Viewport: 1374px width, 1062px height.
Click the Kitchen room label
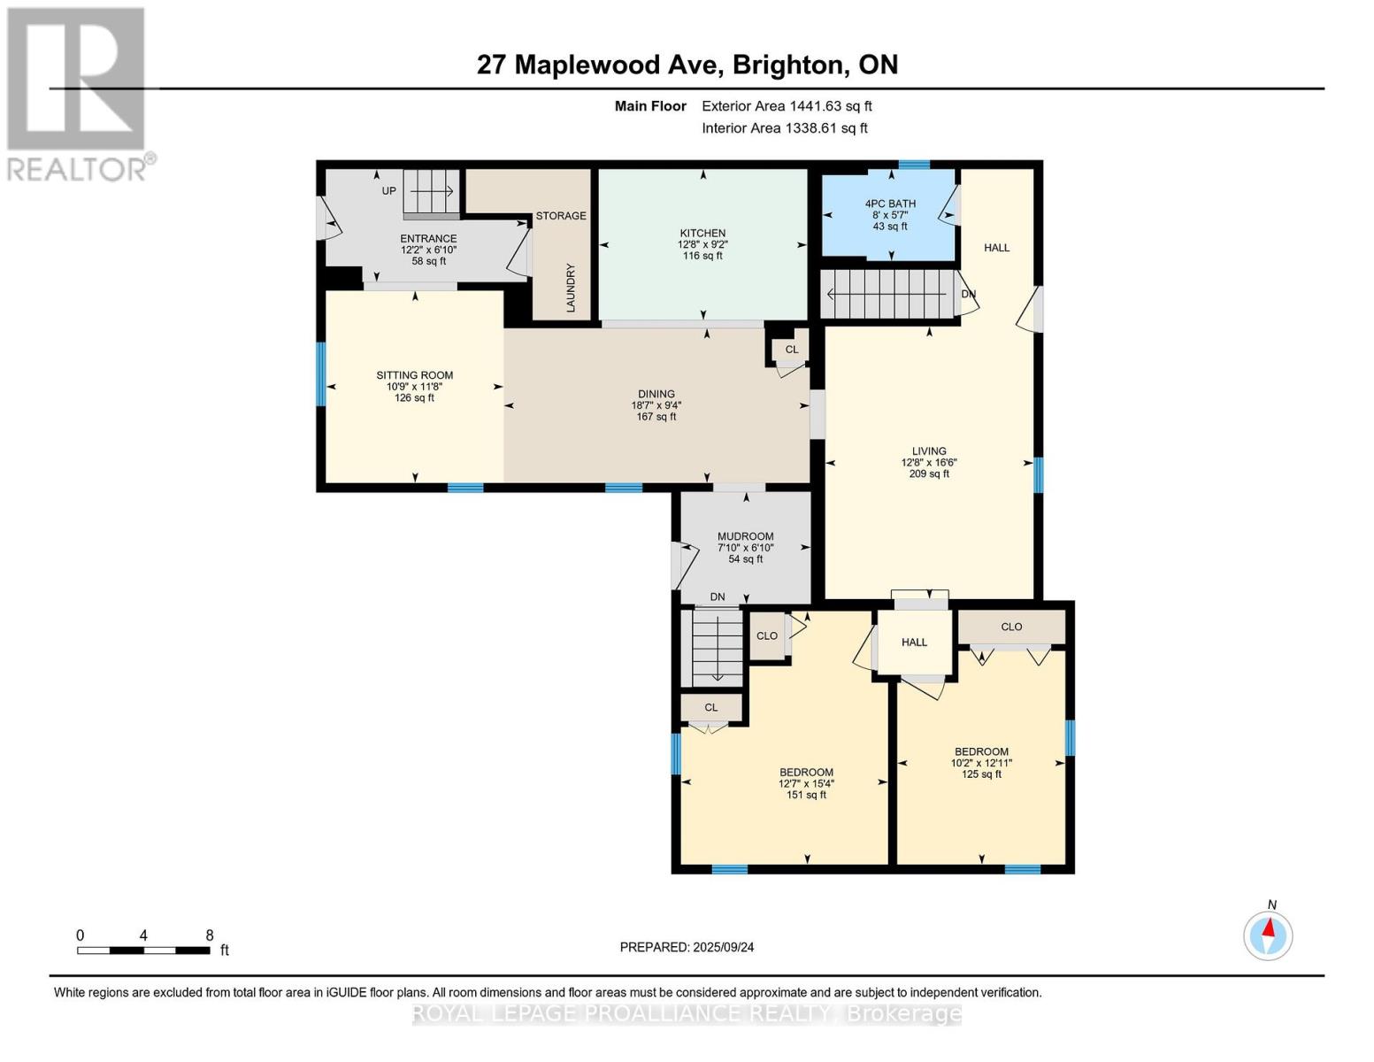point(702,234)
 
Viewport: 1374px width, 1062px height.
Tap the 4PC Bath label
point(890,204)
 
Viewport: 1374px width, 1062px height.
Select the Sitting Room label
point(414,375)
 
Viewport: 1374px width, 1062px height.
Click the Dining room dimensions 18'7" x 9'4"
point(656,405)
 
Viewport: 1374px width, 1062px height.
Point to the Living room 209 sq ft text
point(929,473)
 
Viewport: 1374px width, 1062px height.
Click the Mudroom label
point(745,536)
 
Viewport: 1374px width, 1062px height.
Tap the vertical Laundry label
point(571,288)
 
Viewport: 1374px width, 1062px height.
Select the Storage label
point(560,216)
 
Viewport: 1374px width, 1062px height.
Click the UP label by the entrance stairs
point(388,191)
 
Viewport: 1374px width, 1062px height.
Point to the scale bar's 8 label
point(210,935)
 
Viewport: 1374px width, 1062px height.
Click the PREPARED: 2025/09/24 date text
point(687,947)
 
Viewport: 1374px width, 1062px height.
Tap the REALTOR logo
point(76,93)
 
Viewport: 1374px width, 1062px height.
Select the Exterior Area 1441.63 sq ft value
point(787,106)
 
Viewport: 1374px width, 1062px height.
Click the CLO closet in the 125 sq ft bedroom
point(1011,627)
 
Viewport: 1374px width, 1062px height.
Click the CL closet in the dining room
point(791,350)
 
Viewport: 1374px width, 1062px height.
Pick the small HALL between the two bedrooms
point(914,642)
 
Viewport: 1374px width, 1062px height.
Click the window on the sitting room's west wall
point(321,374)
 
